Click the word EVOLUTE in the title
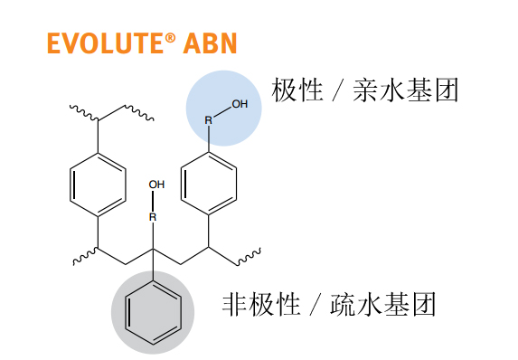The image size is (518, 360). click(x=106, y=43)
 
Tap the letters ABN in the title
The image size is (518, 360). click(x=210, y=43)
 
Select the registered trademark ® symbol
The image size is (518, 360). click(x=170, y=38)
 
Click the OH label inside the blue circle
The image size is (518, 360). click(x=240, y=104)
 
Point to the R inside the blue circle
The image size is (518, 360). click(x=209, y=120)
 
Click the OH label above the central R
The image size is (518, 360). click(x=156, y=185)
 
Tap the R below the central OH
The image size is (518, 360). click(x=153, y=217)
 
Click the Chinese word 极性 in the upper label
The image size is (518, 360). click(x=297, y=90)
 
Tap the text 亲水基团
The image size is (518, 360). click(x=405, y=90)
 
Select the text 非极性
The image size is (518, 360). click(x=261, y=304)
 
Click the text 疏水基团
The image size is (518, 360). click(x=382, y=304)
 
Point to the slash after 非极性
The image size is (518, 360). click(x=316, y=304)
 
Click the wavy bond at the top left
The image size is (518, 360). click(x=83, y=112)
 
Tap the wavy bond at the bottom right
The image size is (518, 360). click(x=250, y=257)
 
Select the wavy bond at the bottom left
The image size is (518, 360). click(x=85, y=257)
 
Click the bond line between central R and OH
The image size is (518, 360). click(x=153, y=201)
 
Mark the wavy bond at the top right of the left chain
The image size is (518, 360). click(x=139, y=113)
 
